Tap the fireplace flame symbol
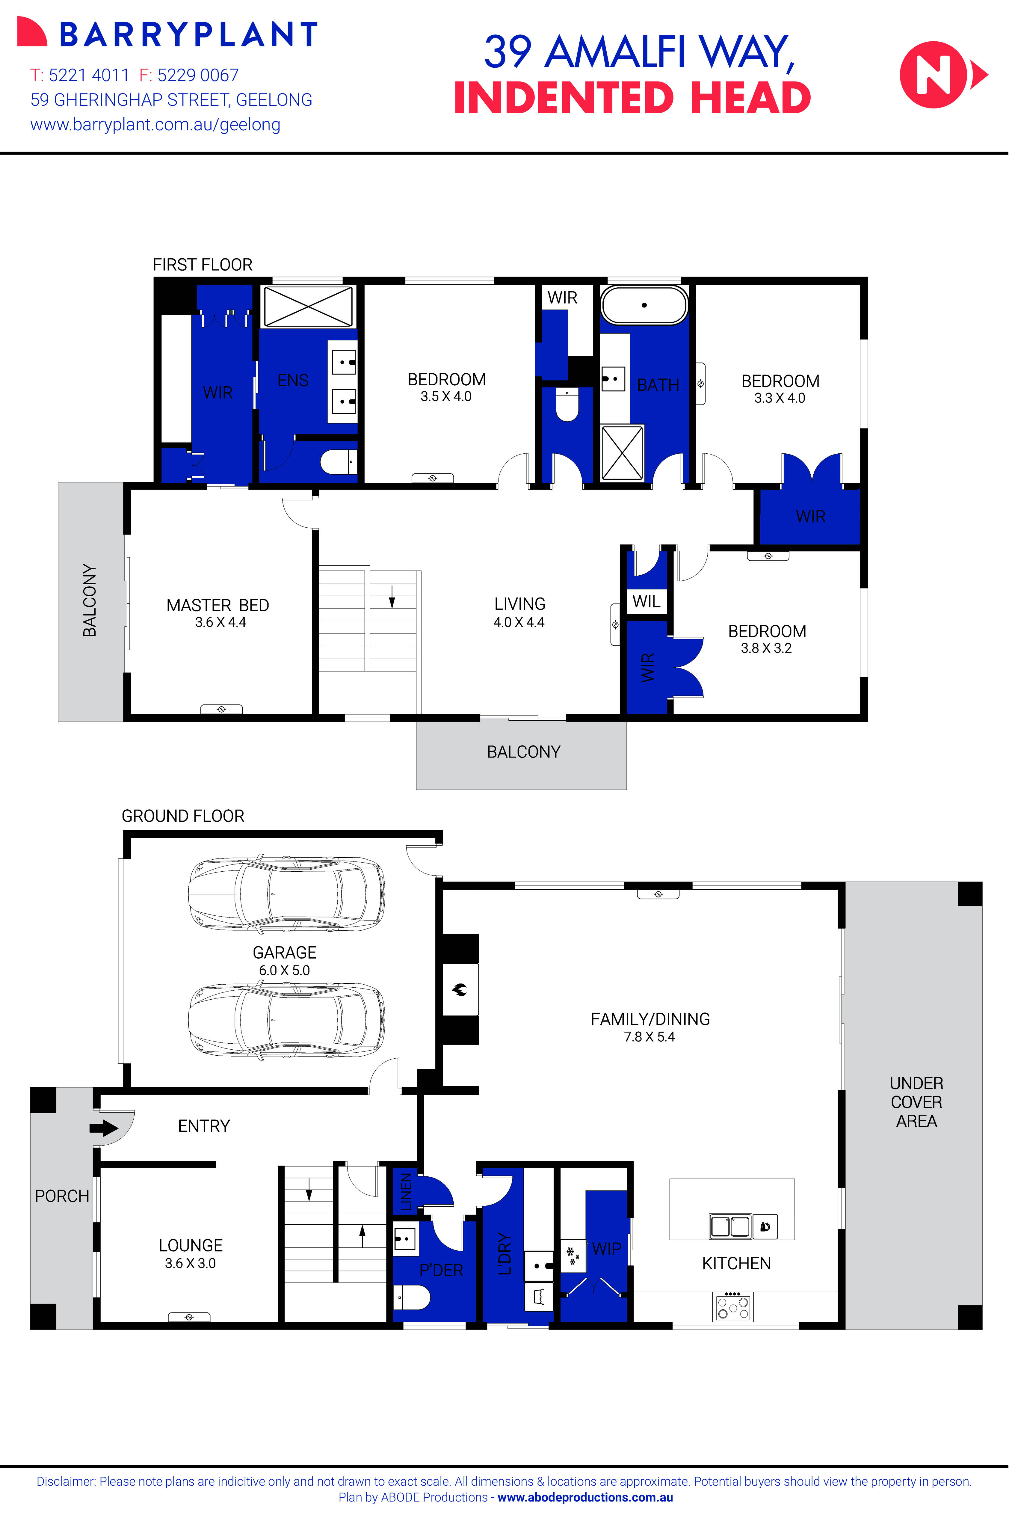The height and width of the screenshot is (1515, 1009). (460, 990)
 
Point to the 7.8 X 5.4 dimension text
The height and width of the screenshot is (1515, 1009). (649, 1037)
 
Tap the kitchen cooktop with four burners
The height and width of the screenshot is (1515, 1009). (733, 1306)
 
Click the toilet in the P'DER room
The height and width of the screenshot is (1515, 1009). (412, 1297)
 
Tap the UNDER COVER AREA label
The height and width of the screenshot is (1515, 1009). (916, 1102)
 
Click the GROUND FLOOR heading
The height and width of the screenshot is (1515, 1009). (183, 816)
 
